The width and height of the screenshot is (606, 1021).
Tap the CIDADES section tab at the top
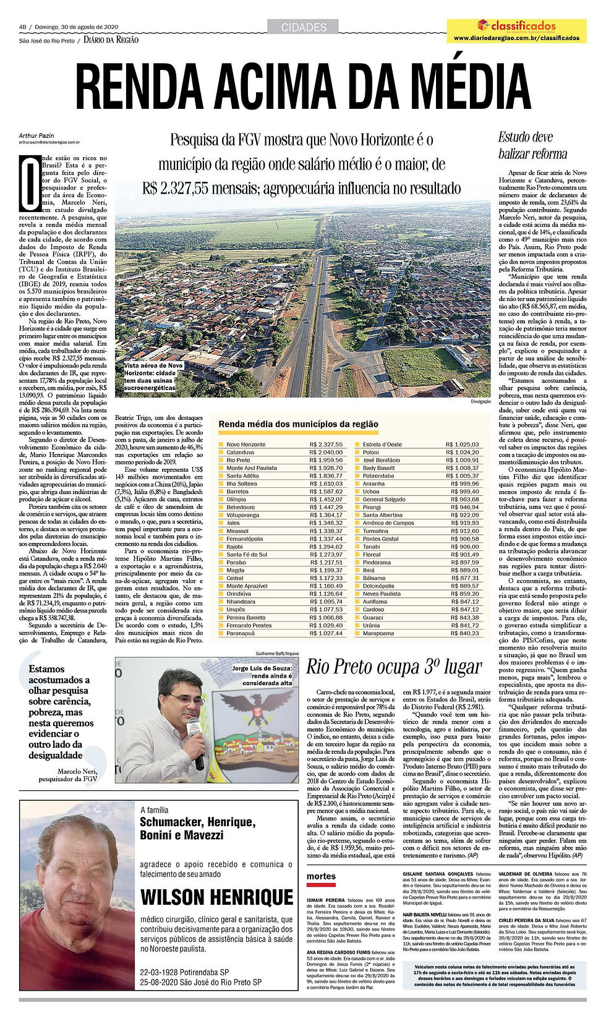(x=303, y=27)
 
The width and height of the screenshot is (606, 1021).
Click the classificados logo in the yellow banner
(x=516, y=26)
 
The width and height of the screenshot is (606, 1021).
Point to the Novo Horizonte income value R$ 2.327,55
(x=326, y=445)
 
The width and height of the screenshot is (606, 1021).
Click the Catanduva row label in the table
(x=241, y=452)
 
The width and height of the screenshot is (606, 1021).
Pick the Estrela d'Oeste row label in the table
(x=382, y=445)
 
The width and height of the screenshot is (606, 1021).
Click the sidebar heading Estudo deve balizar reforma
(x=532, y=145)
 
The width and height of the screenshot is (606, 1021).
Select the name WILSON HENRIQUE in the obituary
(x=216, y=897)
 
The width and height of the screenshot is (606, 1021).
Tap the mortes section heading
(x=321, y=876)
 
